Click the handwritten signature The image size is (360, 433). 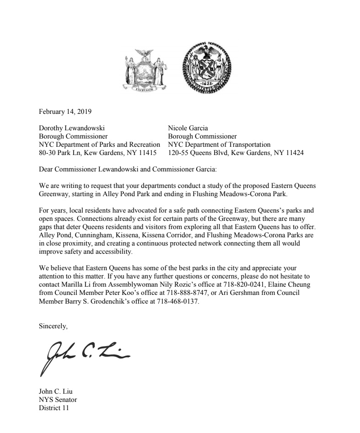(x=85, y=354)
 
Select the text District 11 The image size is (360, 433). (x=54, y=408)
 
